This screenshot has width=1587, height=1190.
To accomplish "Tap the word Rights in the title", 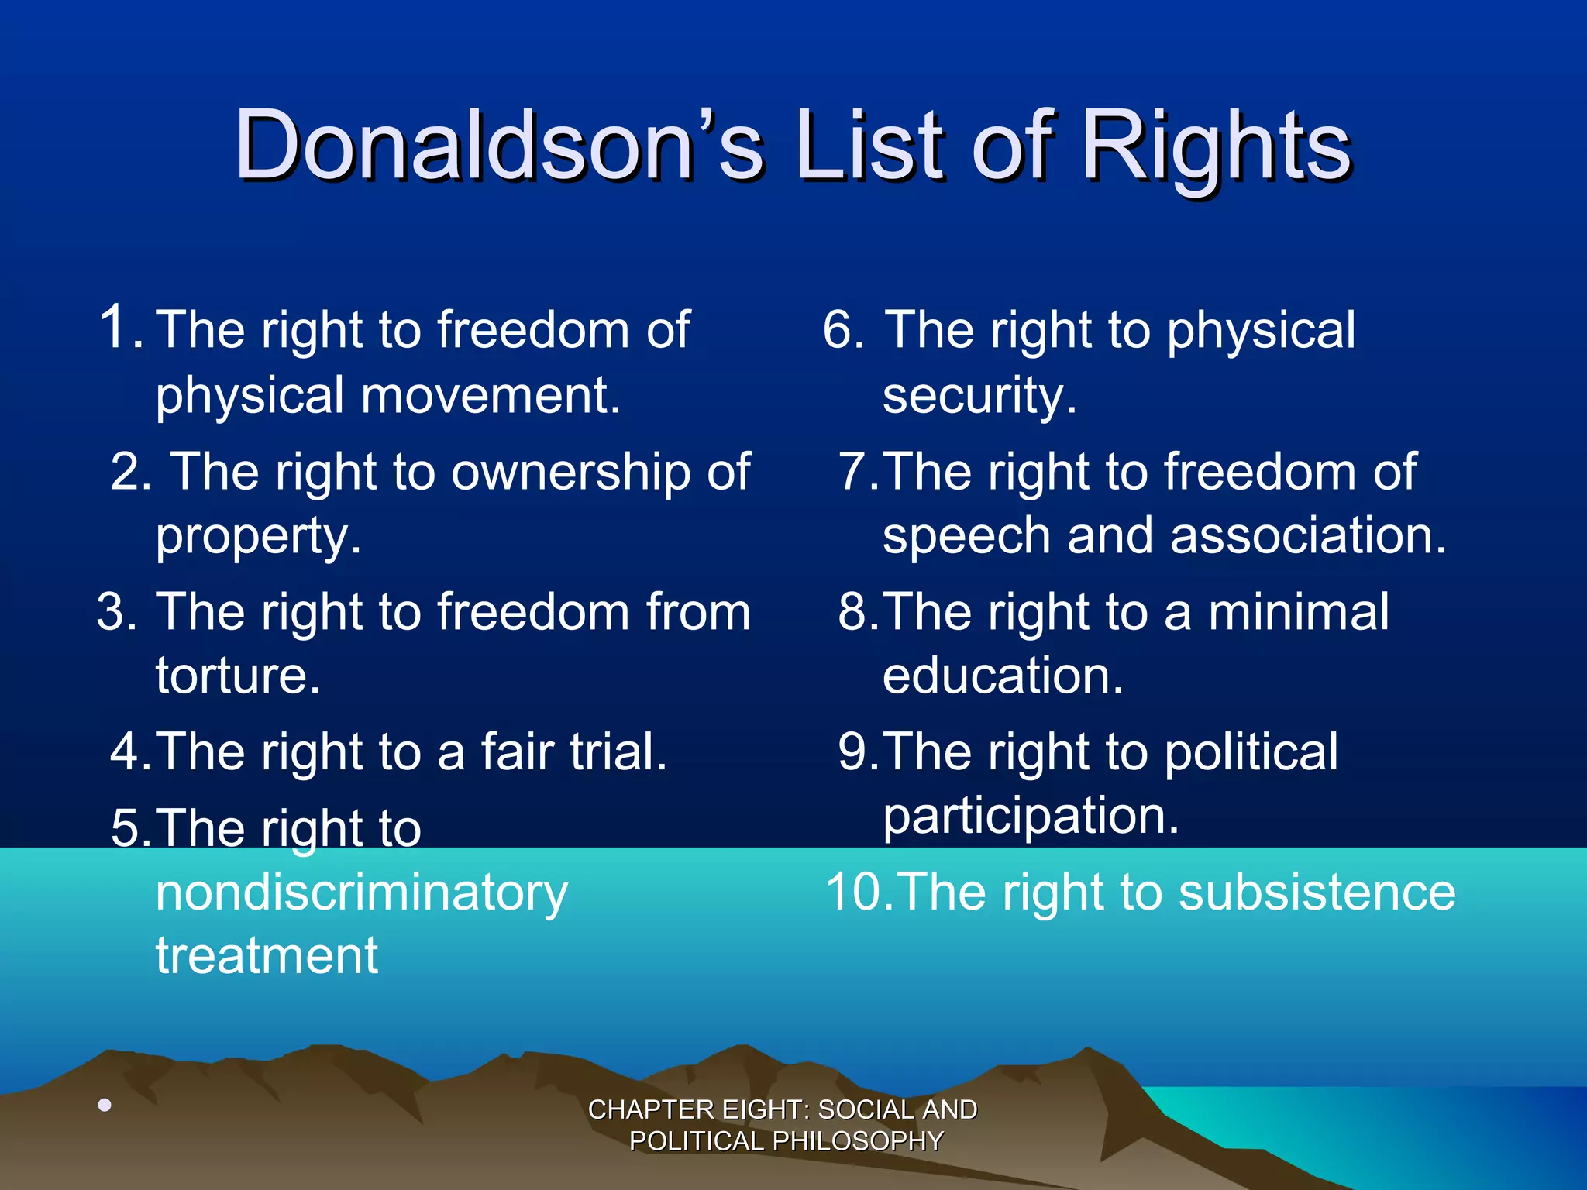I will (x=1216, y=147).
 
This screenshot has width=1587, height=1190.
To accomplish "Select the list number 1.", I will (x=121, y=328).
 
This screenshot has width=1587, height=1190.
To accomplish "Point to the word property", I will (x=258, y=536).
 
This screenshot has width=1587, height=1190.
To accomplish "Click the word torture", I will (x=237, y=676).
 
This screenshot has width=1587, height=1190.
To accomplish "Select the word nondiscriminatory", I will (x=362, y=892).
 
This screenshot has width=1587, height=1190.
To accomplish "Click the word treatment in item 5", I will (x=267, y=955).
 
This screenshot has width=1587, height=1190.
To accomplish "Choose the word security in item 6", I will (x=979, y=395).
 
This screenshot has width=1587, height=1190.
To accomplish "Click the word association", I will (x=1308, y=536).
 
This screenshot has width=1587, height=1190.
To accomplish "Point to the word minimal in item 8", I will (x=1299, y=612).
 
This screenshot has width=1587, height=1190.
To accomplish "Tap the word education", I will (x=1003, y=676).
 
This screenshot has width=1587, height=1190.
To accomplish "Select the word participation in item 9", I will (x=1031, y=817).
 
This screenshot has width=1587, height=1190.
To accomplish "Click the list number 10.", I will (x=859, y=892).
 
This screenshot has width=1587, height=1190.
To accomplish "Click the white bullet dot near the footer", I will (x=105, y=1105).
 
